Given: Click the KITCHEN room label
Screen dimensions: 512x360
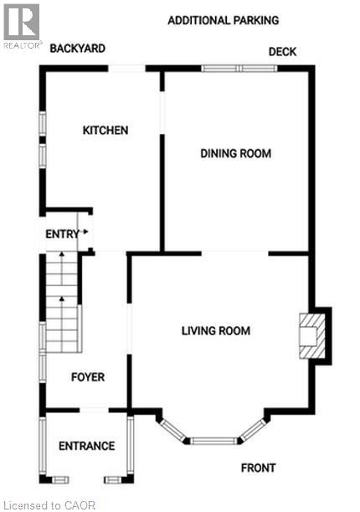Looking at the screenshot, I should pyautogui.click(x=105, y=130).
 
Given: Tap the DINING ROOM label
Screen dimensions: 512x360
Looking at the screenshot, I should pyautogui.click(x=235, y=153).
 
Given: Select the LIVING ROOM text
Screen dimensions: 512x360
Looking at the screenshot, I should pyautogui.click(x=216, y=330).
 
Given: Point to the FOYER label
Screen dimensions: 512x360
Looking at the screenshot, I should pyautogui.click(x=87, y=377).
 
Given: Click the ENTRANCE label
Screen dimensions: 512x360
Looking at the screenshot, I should pyautogui.click(x=86, y=446).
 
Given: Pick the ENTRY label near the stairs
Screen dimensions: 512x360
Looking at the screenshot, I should pyautogui.click(x=61, y=234).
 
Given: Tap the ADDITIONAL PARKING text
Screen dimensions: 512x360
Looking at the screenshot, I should pyautogui.click(x=223, y=20).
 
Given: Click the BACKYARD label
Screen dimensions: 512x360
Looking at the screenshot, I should pyautogui.click(x=77, y=49).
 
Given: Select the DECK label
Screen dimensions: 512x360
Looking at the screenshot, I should pyautogui.click(x=282, y=52).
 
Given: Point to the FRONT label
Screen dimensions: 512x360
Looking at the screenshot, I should pyautogui.click(x=258, y=468).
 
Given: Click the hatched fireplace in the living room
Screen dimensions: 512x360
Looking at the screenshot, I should pyautogui.click(x=311, y=335).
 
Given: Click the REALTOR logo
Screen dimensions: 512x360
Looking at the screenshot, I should pyautogui.click(x=21, y=25).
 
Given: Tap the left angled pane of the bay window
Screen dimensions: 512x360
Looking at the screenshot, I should pyautogui.click(x=174, y=428).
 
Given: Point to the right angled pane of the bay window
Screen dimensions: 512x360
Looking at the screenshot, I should pyautogui.click(x=252, y=428).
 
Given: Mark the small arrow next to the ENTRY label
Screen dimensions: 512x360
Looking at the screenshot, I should pyautogui.click(x=85, y=234).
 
